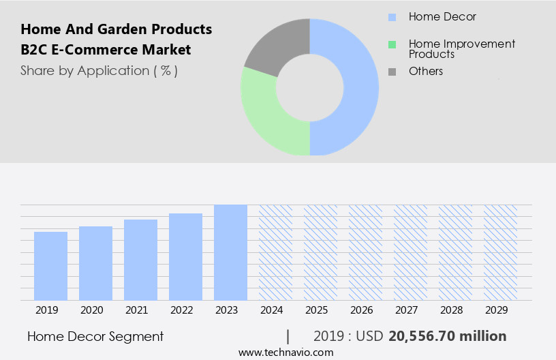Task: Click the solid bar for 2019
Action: point(50,266)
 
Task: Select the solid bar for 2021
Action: point(140,260)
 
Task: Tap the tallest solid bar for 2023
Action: point(230,252)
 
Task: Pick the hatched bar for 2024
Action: point(275,252)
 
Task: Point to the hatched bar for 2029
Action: point(500,252)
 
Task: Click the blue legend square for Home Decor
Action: point(392,17)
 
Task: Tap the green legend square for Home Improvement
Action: point(392,45)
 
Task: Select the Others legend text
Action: point(426,71)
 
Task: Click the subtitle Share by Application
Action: point(99,70)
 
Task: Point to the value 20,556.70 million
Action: point(447,336)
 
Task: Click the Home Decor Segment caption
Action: point(95,336)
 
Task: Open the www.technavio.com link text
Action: point(286,352)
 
